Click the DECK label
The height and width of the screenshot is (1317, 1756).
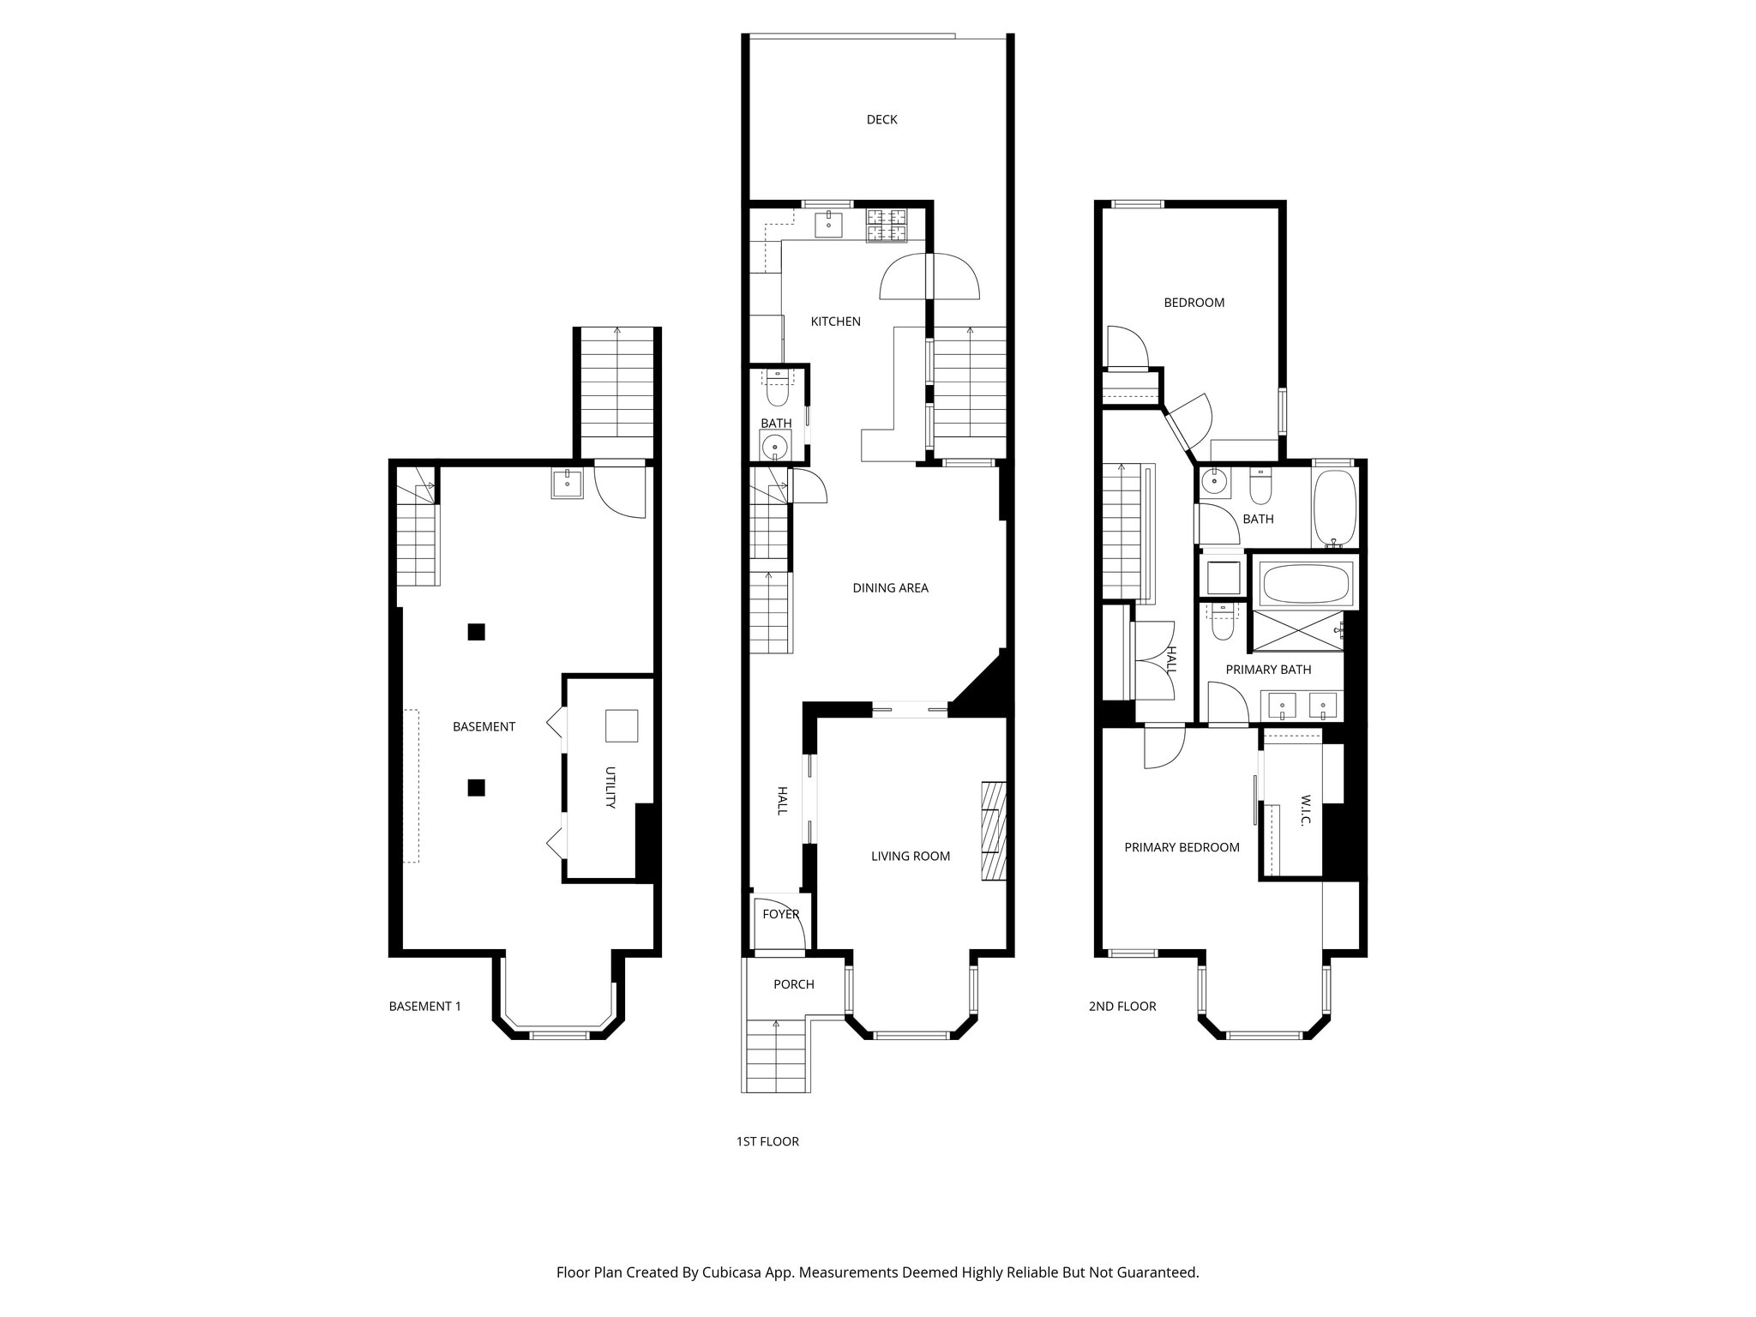(x=881, y=120)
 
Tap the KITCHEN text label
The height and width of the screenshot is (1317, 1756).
(x=835, y=322)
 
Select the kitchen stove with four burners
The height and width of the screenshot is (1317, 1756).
(x=887, y=225)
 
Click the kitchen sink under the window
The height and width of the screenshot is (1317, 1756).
(x=828, y=224)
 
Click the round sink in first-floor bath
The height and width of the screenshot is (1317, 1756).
(x=775, y=447)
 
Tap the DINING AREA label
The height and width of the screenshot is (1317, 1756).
(x=890, y=588)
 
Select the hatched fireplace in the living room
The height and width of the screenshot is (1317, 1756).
(x=993, y=831)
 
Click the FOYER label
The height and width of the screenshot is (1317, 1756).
(x=780, y=914)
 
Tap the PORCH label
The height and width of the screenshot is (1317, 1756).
(x=793, y=984)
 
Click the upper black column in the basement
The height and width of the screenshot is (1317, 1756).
(x=476, y=632)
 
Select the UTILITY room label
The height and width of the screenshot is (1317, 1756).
(x=610, y=787)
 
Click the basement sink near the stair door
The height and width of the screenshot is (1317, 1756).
(x=567, y=484)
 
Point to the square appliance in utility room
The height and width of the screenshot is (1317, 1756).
(x=621, y=725)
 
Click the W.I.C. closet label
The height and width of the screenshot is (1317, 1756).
(x=1306, y=810)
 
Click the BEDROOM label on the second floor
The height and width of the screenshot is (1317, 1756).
(x=1194, y=303)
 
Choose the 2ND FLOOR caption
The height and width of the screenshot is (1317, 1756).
(x=1122, y=1007)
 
